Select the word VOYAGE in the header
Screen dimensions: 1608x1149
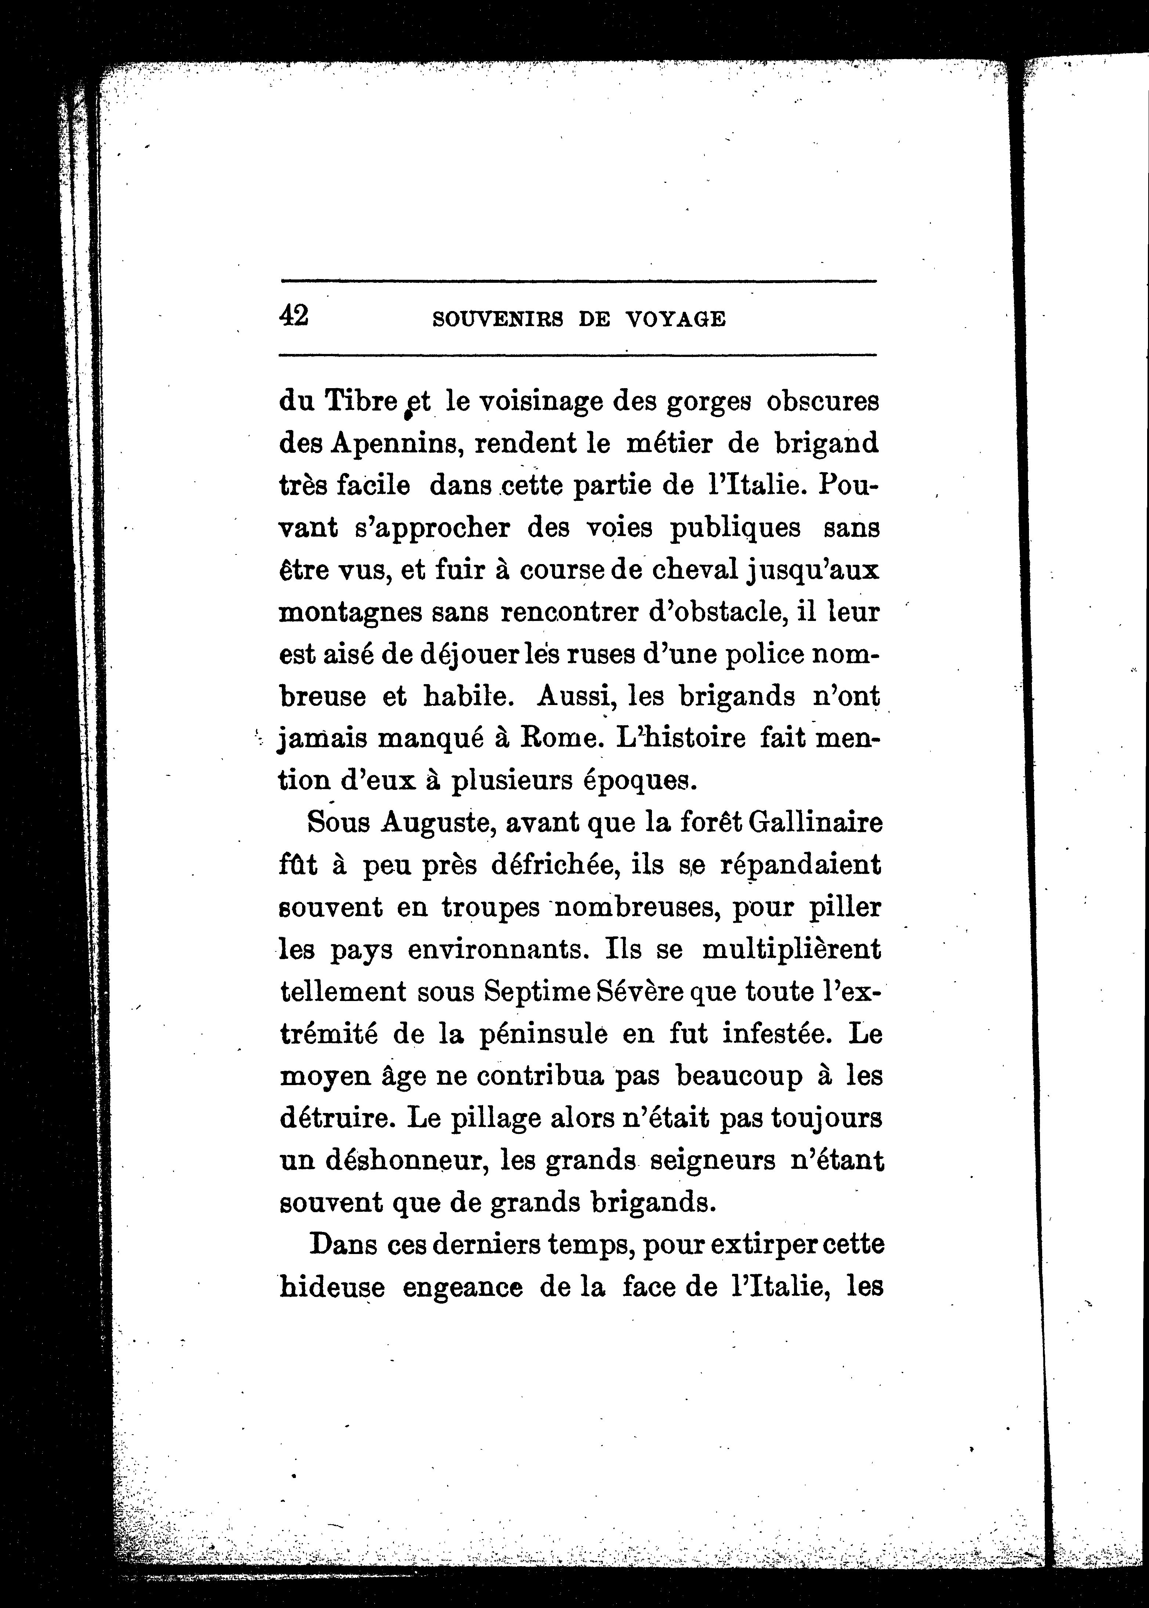[676, 320]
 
